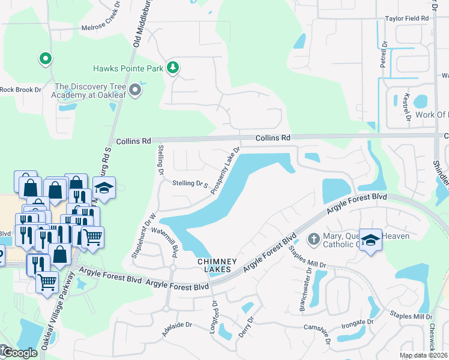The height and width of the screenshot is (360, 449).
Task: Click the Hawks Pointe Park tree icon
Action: click(x=173, y=67)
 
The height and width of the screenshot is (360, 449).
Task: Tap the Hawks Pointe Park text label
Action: click(x=128, y=69)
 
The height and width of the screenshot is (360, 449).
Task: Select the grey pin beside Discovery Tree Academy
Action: click(x=136, y=91)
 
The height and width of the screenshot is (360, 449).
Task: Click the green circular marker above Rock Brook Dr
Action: click(x=44, y=59)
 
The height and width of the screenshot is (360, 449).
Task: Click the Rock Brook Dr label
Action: click(x=20, y=90)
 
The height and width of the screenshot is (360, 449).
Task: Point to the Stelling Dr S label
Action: click(x=190, y=184)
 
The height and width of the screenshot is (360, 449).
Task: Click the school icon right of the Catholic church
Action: click(x=370, y=239)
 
